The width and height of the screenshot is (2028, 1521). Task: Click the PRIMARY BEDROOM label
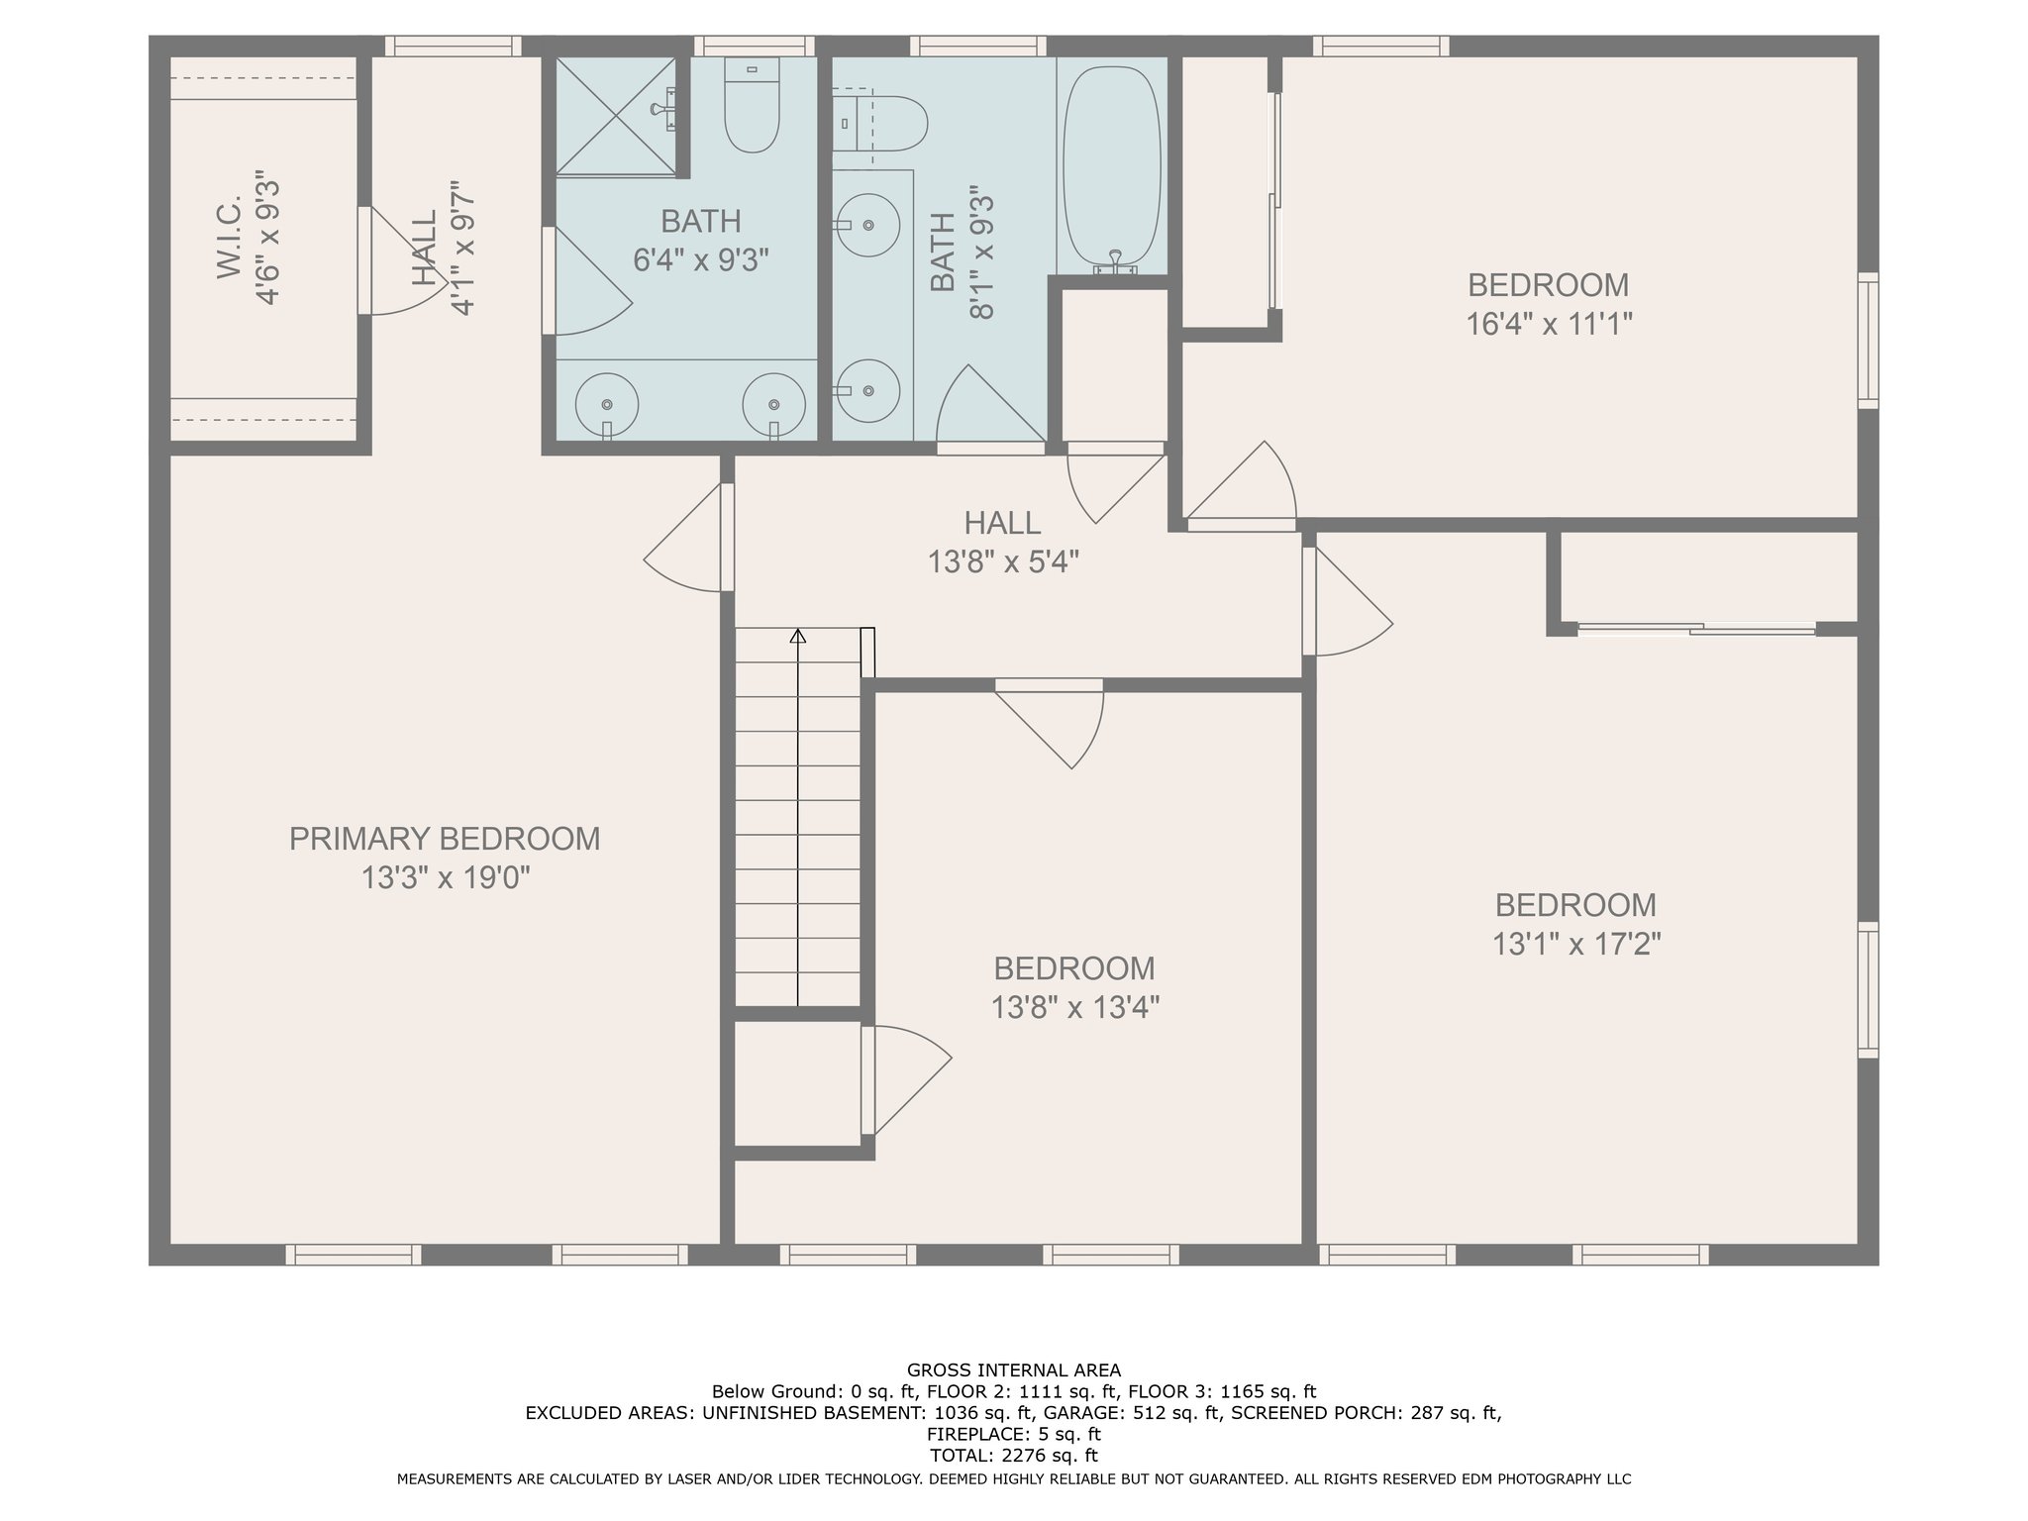tap(445, 839)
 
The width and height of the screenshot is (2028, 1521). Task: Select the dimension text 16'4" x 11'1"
tap(1549, 324)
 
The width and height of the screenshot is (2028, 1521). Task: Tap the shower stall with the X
tap(616, 116)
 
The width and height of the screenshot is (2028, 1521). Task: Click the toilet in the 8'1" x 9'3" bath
tap(879, 124)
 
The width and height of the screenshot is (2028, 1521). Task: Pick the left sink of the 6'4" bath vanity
tap(607, 404)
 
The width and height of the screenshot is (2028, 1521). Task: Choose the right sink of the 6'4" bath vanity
tap(773, 404)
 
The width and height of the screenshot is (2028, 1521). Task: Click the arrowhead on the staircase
tap(797, 636)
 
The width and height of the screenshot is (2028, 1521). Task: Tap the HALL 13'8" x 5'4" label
tap(1003, 542)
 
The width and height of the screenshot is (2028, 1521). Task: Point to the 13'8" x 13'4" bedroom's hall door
tap(1051, 723)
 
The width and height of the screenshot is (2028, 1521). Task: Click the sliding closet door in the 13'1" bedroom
tap(1697, 628)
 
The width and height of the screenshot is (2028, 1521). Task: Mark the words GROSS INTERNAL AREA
tap(1014, 1370)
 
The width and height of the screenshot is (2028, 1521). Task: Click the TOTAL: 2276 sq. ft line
tap(1014, 1456)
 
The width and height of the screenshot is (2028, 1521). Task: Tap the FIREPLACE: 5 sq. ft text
tap(1014, 1434)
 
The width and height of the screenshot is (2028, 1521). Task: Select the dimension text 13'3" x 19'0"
tap(446, 878)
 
